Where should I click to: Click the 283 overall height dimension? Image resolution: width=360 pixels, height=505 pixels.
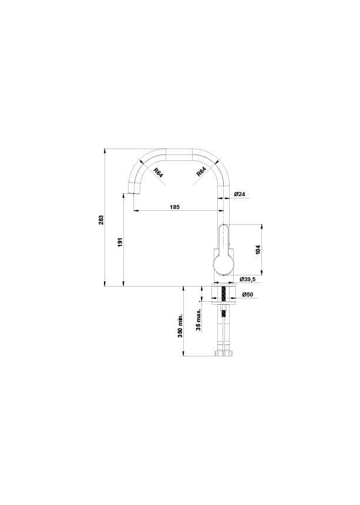click(102, 220)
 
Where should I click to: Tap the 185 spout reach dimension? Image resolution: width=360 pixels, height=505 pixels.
click(175, 207)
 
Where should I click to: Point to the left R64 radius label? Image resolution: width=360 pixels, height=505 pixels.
click(159, 173)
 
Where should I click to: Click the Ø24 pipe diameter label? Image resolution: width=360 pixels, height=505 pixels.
click(240, 194)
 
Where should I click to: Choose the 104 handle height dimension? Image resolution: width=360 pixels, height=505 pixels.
click(258, 250)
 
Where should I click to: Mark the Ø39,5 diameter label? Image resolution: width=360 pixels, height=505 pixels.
click(247, 280)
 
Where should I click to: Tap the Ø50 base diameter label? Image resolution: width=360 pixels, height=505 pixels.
click(248, 294)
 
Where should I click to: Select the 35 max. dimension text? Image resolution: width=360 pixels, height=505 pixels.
click(198, 319)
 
